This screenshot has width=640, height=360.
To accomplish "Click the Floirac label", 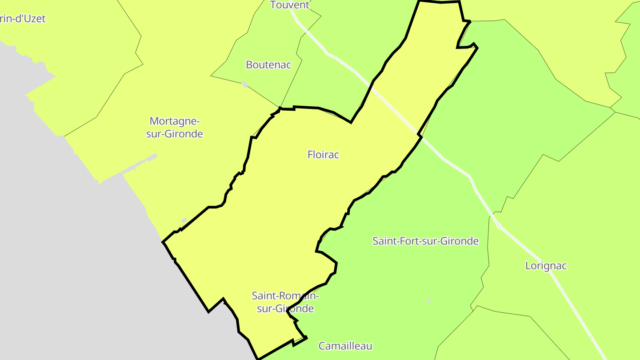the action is [323, 155].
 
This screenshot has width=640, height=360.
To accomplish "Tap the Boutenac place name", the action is [268, 65].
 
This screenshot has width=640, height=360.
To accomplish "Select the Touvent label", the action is [290, 5].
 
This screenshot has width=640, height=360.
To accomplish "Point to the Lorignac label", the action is [546, 266].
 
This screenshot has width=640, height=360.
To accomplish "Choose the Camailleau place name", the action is [345, 346].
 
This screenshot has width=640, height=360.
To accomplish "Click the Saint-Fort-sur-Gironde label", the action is [425, 241].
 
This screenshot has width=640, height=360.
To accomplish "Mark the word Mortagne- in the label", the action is [175, 121].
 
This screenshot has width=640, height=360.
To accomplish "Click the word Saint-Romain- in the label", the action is [285, 296].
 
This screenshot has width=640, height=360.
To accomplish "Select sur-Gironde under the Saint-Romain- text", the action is [285, 308].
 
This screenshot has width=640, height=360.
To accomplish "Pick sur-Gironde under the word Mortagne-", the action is [175, 134].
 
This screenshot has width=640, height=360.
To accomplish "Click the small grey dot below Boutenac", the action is [244, 84].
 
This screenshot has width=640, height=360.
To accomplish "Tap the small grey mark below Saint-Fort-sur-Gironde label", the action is [428, 301].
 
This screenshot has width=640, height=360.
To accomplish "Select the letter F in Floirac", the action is [310, 155].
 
